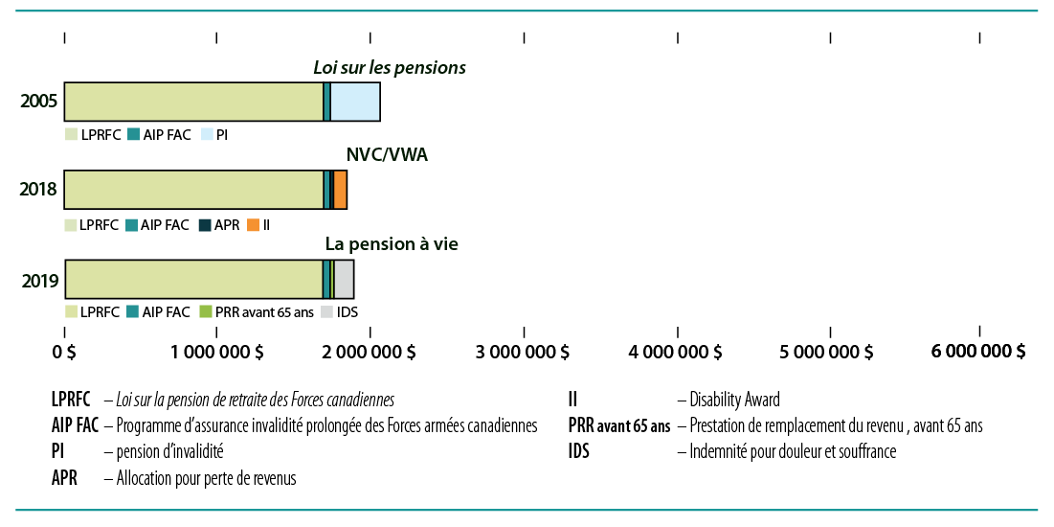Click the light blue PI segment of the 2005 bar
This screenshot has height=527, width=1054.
coord(355,103)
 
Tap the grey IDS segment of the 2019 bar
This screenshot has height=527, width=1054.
coord(344,279)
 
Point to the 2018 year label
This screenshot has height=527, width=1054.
coord(38,191)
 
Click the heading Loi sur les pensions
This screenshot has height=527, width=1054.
coord(390,68)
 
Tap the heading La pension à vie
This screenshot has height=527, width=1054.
coord(392,244)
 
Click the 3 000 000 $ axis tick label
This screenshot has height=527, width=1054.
coord(522,352)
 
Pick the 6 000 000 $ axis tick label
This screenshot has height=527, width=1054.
coord(979,352)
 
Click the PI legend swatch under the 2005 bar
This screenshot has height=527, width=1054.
coord(208,136)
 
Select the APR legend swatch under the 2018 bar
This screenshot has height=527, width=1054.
coord(206,225)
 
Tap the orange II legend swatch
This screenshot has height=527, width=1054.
coord(253,225)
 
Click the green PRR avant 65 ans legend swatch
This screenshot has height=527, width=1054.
coord(205,312)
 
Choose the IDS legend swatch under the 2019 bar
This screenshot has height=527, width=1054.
coord(326,312)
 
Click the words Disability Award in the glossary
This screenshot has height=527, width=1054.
coord(734,400)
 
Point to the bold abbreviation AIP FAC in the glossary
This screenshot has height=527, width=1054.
coord(77,425)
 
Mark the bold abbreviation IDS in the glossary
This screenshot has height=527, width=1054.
coord(578,451)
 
